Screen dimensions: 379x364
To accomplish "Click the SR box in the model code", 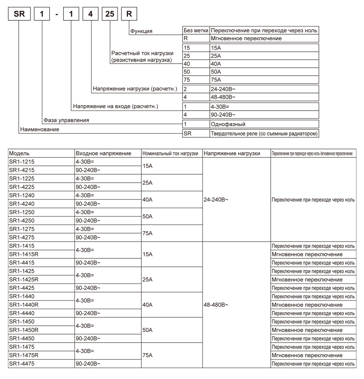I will click(19, 13).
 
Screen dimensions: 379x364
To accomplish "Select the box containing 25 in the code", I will click(110, 13).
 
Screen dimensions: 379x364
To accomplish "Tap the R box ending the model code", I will click(129, 13).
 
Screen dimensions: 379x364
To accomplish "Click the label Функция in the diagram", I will click(141, 31).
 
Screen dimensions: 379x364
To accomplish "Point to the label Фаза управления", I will click(67, 120).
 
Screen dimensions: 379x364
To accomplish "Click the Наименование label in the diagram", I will click(40, 129).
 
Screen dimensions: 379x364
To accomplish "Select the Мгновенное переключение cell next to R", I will click(246, 39).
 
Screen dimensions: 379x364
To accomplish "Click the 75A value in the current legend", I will click(216, 80).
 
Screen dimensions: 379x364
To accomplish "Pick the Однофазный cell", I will click(228, 124).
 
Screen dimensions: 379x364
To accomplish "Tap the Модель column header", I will click(19, 154).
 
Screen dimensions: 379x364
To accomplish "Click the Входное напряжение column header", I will click(103, 154).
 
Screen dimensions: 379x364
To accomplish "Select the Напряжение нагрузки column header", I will click(232, 154).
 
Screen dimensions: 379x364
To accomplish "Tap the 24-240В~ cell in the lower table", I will click(216, 200).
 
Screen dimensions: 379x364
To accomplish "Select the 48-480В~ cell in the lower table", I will click(216, 305).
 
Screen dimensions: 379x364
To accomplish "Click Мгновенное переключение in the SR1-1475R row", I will click(307, 355).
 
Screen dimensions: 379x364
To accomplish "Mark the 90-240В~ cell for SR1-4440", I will click(88, 313).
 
